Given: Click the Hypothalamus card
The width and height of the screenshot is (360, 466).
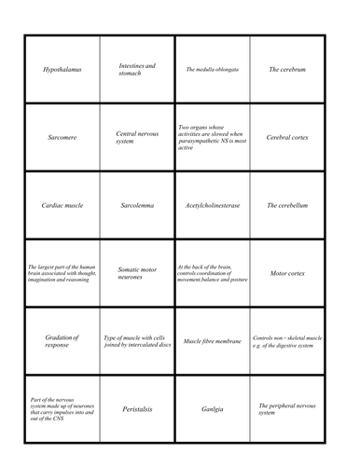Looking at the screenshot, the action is click(x=62, y=70).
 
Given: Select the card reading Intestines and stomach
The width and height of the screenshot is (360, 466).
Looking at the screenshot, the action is click(x=137, y=70).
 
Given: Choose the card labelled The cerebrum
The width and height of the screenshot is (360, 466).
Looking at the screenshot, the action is click(x=287, y=70).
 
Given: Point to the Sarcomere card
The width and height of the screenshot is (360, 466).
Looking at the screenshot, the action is click(x=62, y=137).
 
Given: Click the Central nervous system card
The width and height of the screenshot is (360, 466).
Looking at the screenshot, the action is click(x=137, y=137).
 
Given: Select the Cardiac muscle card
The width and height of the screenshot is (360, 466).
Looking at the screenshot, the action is click(x=62, y=205).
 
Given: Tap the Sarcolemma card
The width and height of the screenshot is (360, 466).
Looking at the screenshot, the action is click(x=137, y=205).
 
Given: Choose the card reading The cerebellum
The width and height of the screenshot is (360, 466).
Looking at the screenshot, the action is click(x=287, y=205).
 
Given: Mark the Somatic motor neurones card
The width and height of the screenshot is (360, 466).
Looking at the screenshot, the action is click(x=137, y=273).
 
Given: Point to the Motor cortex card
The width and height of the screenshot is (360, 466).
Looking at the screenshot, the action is click(x=287, y=273).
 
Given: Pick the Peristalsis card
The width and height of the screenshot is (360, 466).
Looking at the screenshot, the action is click(x=137, y=408).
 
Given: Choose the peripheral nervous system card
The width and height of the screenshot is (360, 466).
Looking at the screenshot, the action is click(x=287, y=408).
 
